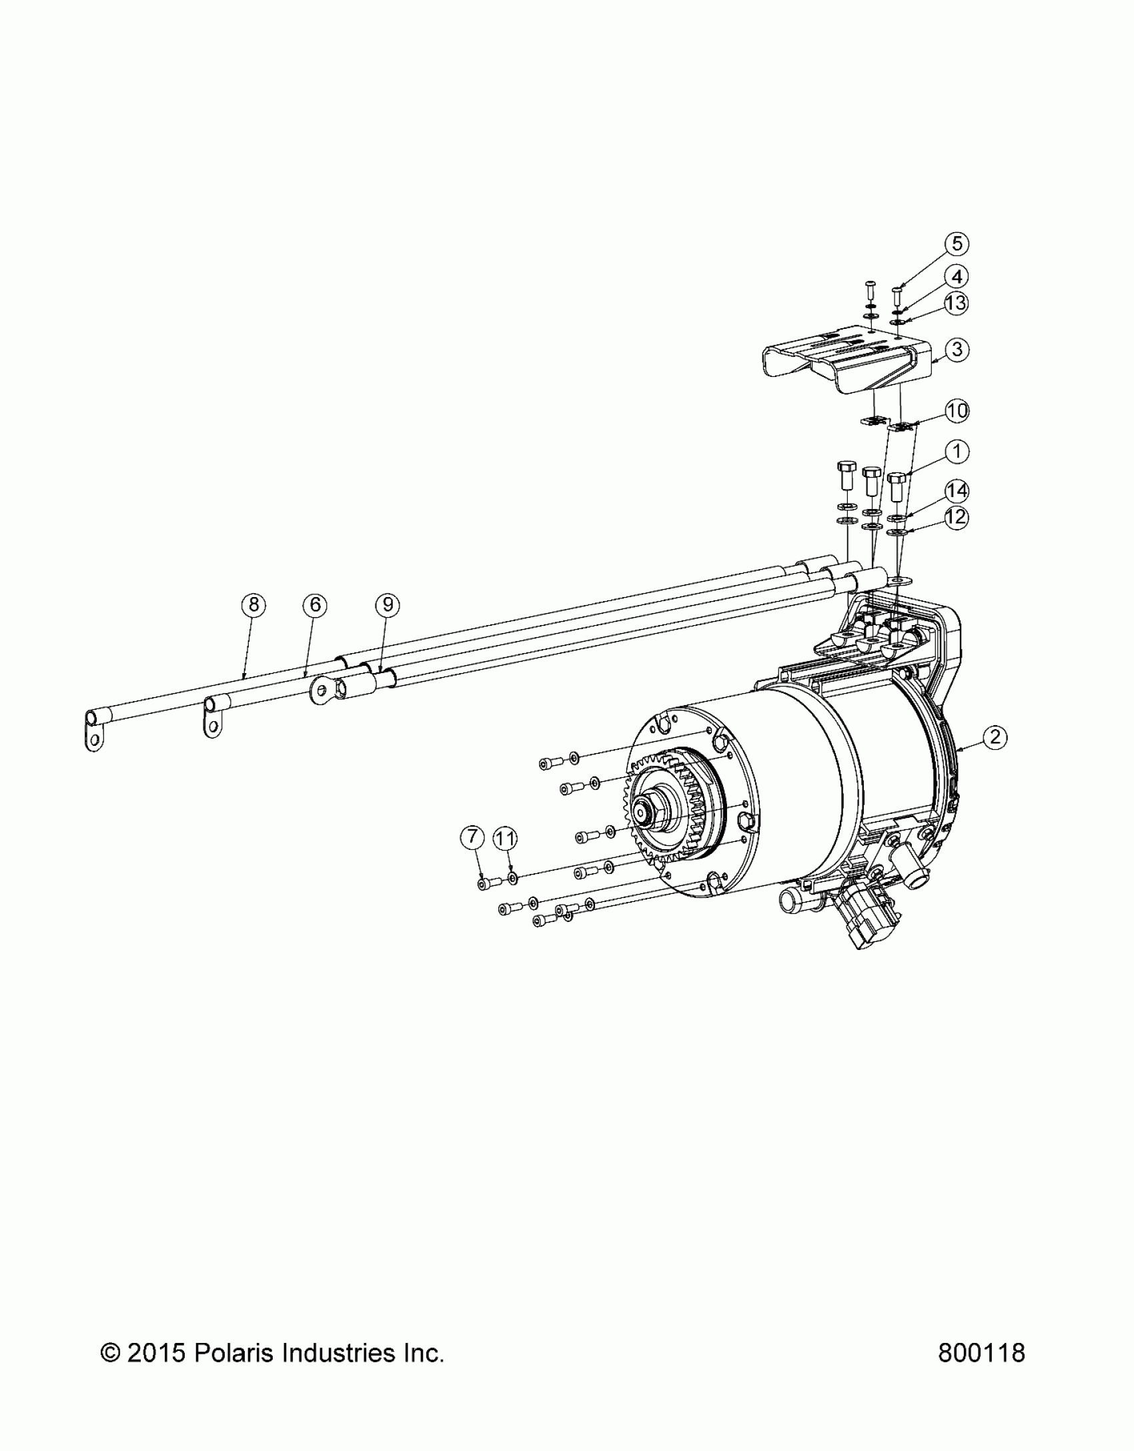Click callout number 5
click(957, 244)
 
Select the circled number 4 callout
click(957, 276)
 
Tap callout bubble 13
click(957, 304)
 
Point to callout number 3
click(957, 350)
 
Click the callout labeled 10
click(957, 411)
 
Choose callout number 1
click(957, 452)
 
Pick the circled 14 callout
click(957, 491)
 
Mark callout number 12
click(957, 518)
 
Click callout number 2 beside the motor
click(995, 737)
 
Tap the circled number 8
click(253, 605)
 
